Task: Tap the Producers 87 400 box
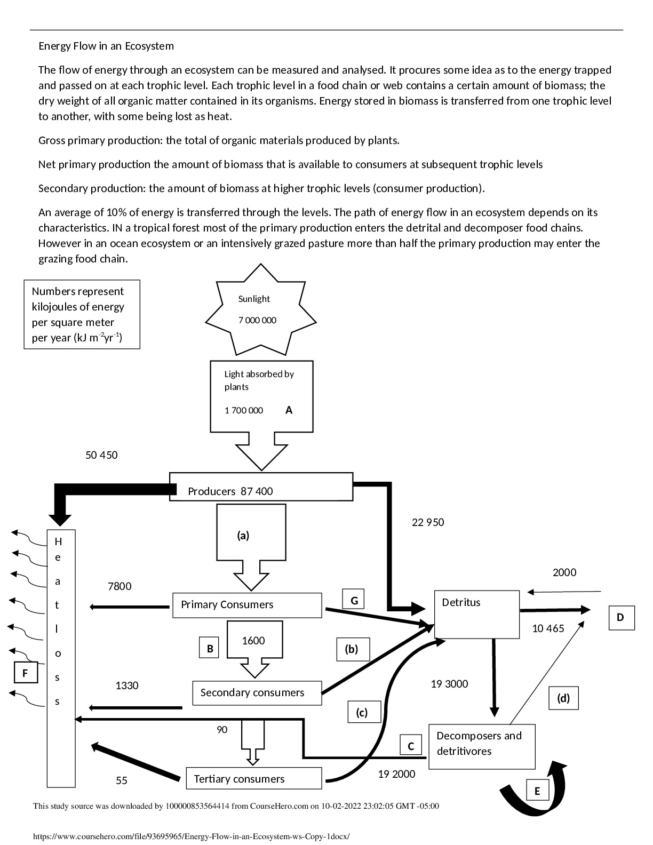point(261,487)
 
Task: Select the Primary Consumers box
point(247,605)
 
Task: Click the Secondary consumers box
point(257,693)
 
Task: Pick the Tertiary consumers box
point(254,779)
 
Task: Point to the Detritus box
point(476,614)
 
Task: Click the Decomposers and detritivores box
point(481,746)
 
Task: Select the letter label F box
point(26,673)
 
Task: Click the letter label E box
point(537,791)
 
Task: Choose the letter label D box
point(621,618)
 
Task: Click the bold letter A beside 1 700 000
point(289,410)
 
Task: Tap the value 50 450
point(101,456)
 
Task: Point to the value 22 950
point(428,523)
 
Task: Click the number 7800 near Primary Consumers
point(120,587)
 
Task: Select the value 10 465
point(548,629)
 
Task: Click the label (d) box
point(563,698)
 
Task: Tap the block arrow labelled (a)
point(251,539)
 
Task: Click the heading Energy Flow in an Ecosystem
point(106,46)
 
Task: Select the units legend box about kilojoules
point(82,315)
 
